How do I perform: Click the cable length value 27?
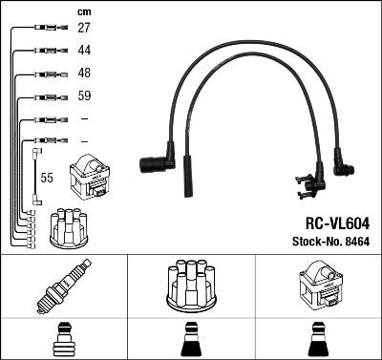pyautogui.click(x=84, y=29)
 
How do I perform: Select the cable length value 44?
pyautogui.click(x=84, y=51)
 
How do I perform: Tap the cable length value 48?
pyautogui.click(x=84, y=74)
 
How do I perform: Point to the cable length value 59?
pyautogui.click(x=84, y=96)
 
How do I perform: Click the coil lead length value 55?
pyautogui.click(x=46, y=178)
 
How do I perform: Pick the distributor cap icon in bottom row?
pyautogui.click(x=191, y=287)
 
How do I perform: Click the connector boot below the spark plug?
pyautogui.click(x=63, y=339)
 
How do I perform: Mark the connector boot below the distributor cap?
pyautogui.click(x=191, y=339)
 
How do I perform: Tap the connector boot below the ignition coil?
pyautogui.click(x=319, y=339)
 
